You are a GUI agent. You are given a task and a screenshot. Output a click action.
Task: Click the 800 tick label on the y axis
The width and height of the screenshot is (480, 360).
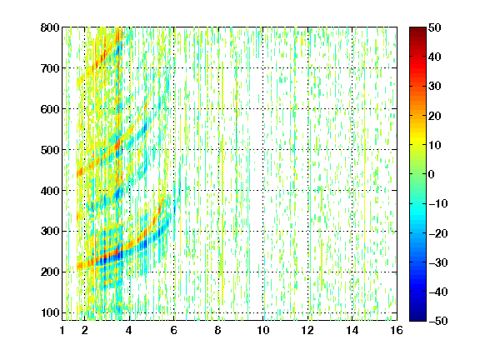point(50,27)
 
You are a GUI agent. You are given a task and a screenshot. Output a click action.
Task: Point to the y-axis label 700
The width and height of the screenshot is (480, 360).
point(50,68)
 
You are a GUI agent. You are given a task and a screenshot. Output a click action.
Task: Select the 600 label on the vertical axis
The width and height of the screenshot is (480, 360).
point(50,109)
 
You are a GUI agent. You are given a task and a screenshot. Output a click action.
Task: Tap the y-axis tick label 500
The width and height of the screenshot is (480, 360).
point(50,150)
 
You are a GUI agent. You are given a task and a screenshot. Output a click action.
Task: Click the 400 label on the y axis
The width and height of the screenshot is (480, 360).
point(50,191)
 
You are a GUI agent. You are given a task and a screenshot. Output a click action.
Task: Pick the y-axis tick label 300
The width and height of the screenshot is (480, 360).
point(50,232)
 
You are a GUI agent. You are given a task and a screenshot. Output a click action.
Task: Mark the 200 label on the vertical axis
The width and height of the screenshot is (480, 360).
point(50,272)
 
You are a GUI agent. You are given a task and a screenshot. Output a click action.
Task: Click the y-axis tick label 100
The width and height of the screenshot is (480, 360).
point(50,312)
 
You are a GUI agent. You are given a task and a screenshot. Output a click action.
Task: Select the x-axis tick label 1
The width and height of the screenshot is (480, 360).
point(62,330)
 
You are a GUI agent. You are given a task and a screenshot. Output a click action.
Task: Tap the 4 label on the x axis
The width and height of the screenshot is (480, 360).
point(129,330)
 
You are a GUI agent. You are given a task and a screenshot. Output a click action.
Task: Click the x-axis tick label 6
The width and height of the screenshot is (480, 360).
point(174,330)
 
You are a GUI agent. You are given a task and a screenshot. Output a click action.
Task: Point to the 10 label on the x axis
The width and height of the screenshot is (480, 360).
point(263,330)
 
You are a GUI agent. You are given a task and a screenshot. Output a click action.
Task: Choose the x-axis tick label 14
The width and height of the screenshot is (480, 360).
point(352,330)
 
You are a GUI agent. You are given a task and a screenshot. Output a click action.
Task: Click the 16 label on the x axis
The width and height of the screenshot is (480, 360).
point(397,330)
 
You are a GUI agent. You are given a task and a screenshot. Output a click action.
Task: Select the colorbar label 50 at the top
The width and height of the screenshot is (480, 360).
point(435,27)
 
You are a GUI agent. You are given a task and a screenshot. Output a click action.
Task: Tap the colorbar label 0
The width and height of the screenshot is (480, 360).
point(432,174)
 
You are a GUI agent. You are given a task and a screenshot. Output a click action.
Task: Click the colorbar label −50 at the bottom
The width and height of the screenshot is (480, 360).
point(438,321)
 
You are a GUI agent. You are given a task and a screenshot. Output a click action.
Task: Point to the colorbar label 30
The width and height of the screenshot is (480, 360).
point(435,87)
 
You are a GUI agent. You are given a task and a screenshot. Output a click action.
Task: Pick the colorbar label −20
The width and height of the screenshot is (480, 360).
point(438,233)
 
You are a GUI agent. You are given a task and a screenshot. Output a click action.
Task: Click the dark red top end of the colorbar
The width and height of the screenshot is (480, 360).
point(417,29)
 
